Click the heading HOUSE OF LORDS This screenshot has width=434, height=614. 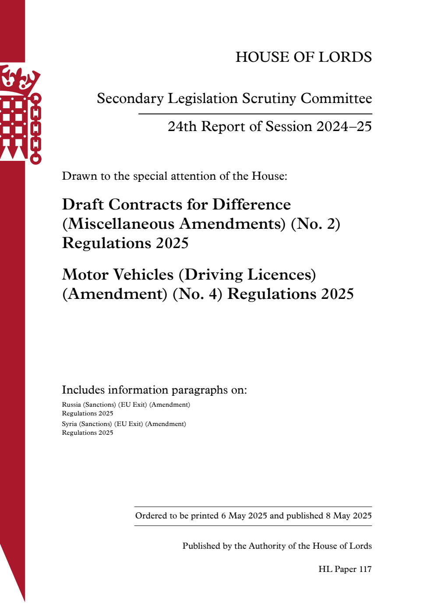[303, 57]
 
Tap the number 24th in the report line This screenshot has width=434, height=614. [182, 127]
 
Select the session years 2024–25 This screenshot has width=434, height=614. [344, 127]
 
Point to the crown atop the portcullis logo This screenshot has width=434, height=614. [20, 78]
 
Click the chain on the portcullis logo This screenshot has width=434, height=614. [35, 129]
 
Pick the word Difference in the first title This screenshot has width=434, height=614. [251, 205]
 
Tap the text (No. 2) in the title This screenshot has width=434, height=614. [315, 224]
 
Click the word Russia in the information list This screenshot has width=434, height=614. [71, 405]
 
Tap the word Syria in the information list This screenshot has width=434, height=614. [69, 424]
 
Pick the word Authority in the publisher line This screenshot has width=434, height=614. [267, 546]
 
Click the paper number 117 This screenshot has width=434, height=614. [365, 569]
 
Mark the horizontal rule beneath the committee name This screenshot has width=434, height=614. [255, 114]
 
